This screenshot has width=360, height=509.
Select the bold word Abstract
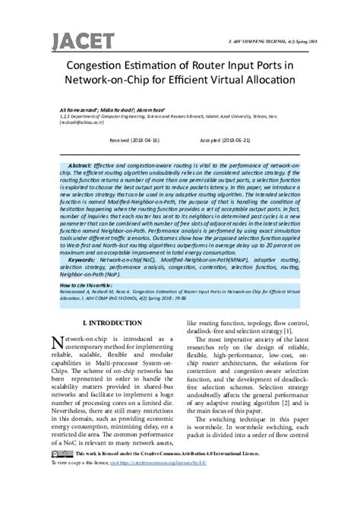[79, 165]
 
